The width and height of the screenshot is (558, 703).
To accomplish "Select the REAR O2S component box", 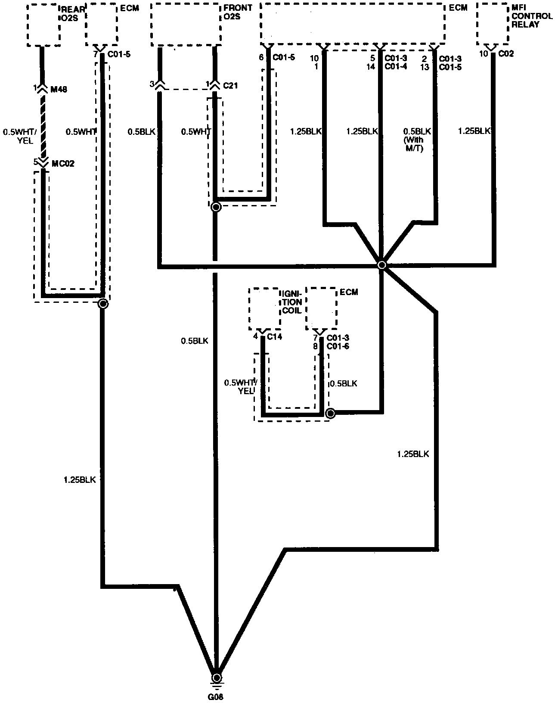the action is [43, 25].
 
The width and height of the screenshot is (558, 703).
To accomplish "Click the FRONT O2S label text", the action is [238, 12].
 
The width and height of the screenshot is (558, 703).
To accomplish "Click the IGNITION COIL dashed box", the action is [263, 308].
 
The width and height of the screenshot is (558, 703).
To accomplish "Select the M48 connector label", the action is [59, 89].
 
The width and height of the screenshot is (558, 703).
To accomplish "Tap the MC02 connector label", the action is [62, 164].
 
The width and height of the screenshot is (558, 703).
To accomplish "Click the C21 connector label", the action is [230, 85].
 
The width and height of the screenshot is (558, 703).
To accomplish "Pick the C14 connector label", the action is [275, 336].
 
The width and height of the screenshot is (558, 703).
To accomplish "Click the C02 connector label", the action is [506, 54].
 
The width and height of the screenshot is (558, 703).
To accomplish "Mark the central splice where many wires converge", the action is [381, 265].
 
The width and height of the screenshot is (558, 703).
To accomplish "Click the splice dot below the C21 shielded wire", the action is [216, 207].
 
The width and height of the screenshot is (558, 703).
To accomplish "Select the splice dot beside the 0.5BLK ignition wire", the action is [330, 414].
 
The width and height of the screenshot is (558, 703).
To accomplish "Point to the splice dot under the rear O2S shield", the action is [103, 304].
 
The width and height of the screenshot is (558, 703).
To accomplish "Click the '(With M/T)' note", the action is [413, 144].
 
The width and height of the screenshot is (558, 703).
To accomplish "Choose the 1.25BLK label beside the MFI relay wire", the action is [475, 131].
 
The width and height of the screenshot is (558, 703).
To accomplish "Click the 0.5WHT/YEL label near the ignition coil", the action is [241, 386].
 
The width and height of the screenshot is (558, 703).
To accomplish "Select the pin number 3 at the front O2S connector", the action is [152, 84].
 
